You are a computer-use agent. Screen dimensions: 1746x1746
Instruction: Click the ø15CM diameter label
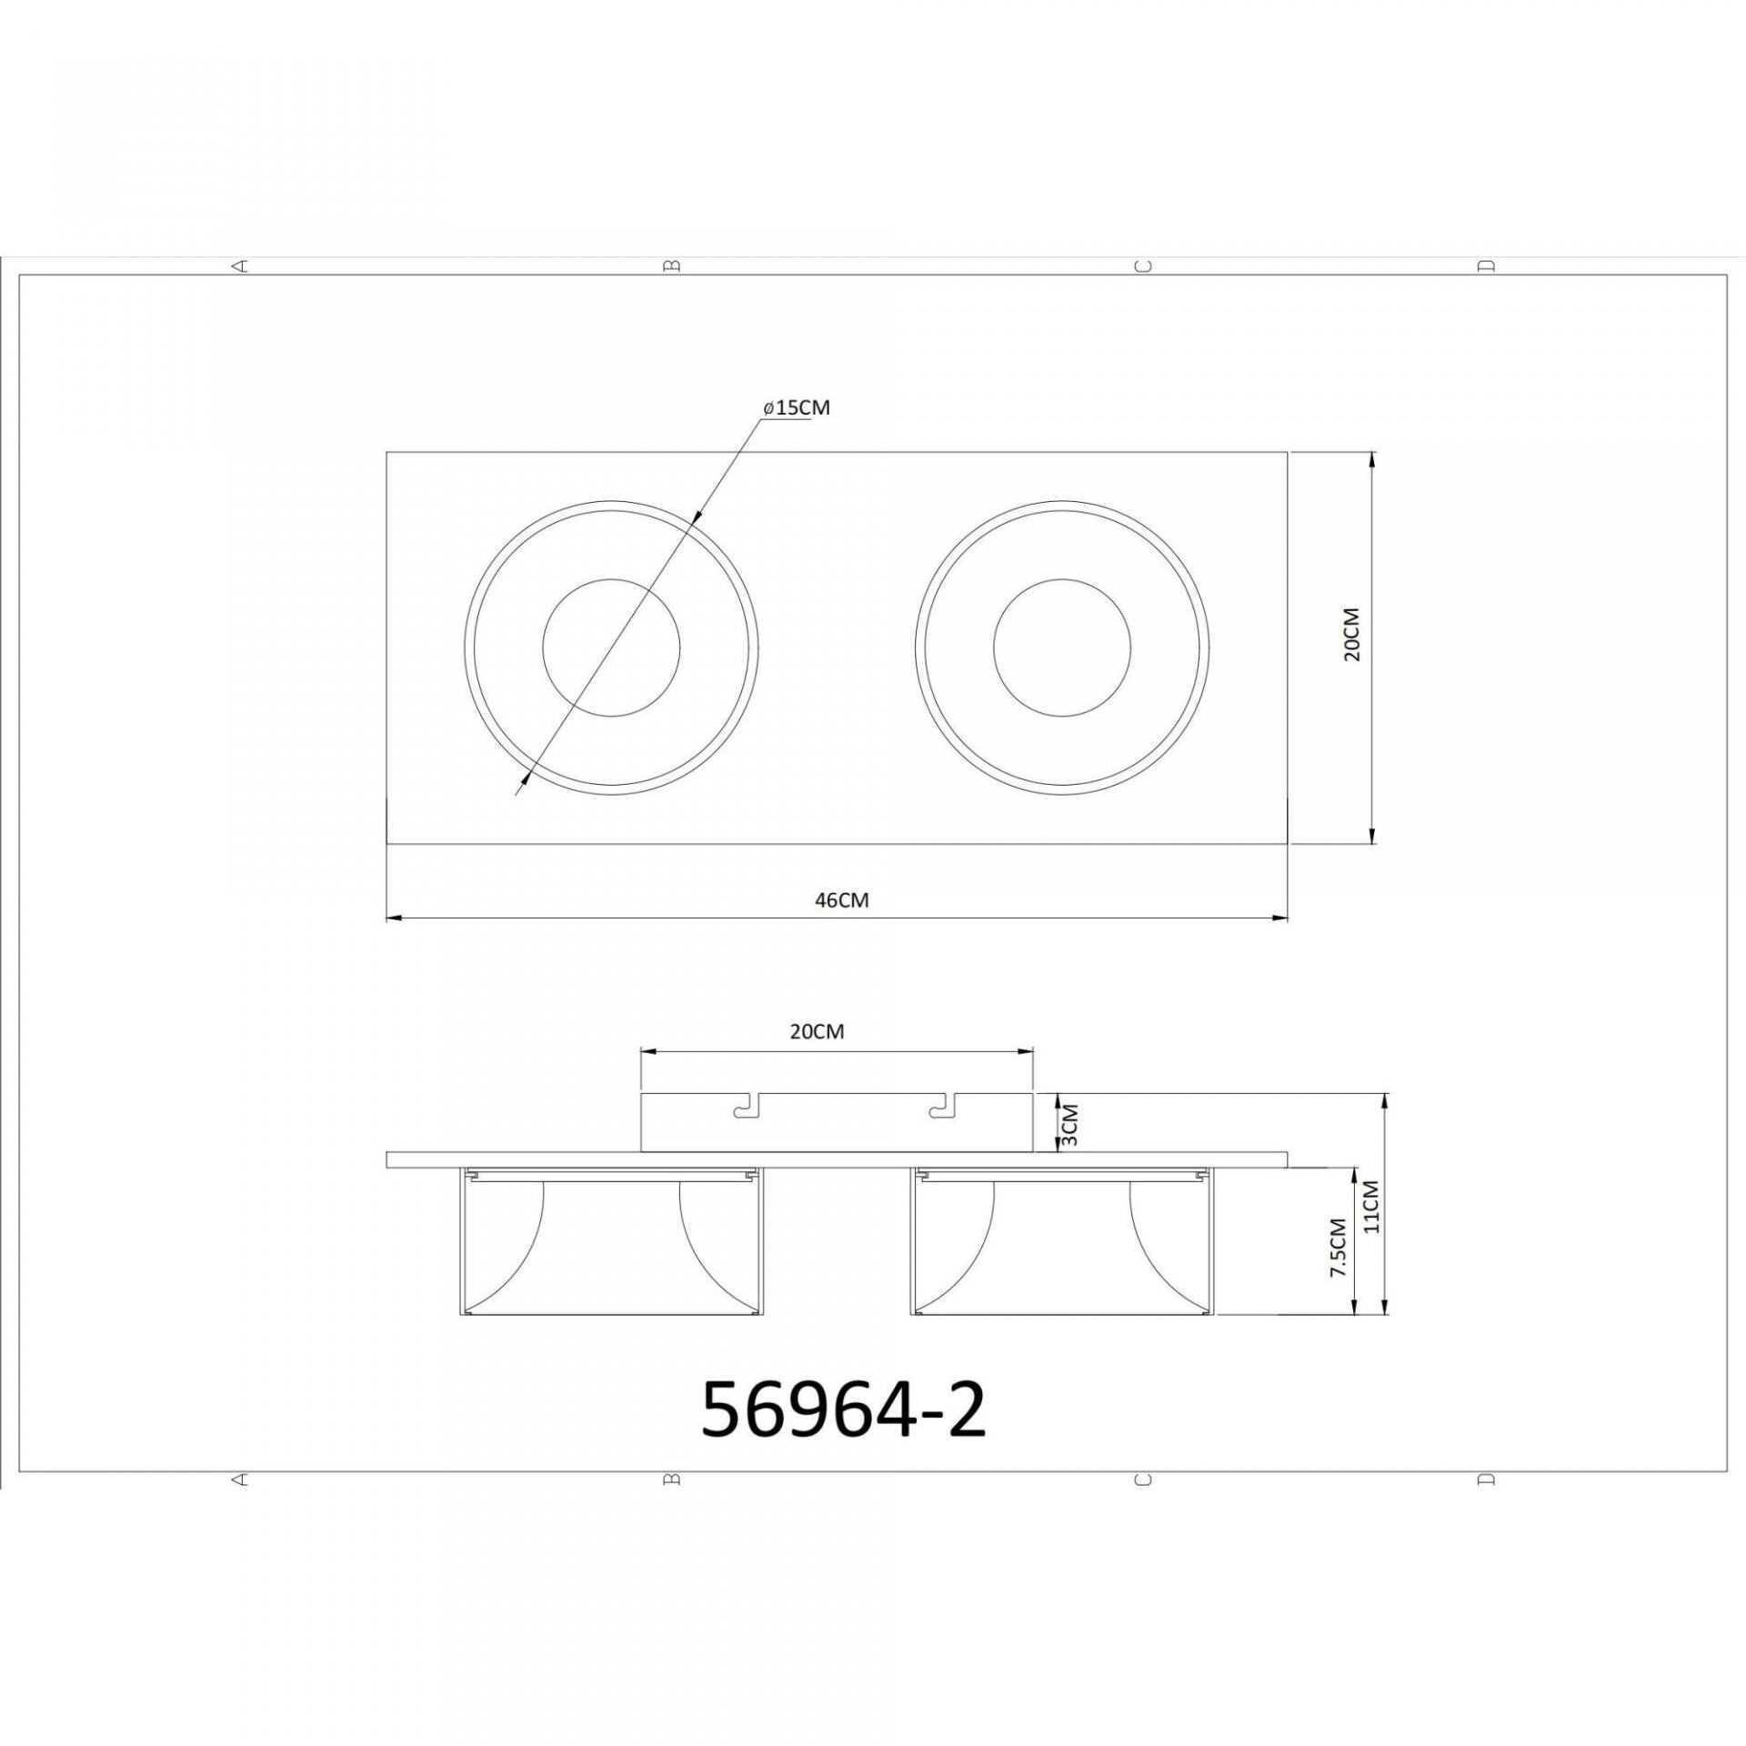click(797, 407)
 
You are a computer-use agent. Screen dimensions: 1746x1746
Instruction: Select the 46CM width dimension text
click(841, 899)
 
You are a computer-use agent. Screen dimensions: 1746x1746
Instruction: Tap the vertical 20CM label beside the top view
click(1352, 635)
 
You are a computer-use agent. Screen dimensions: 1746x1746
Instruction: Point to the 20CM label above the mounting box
click(818, 1031)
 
